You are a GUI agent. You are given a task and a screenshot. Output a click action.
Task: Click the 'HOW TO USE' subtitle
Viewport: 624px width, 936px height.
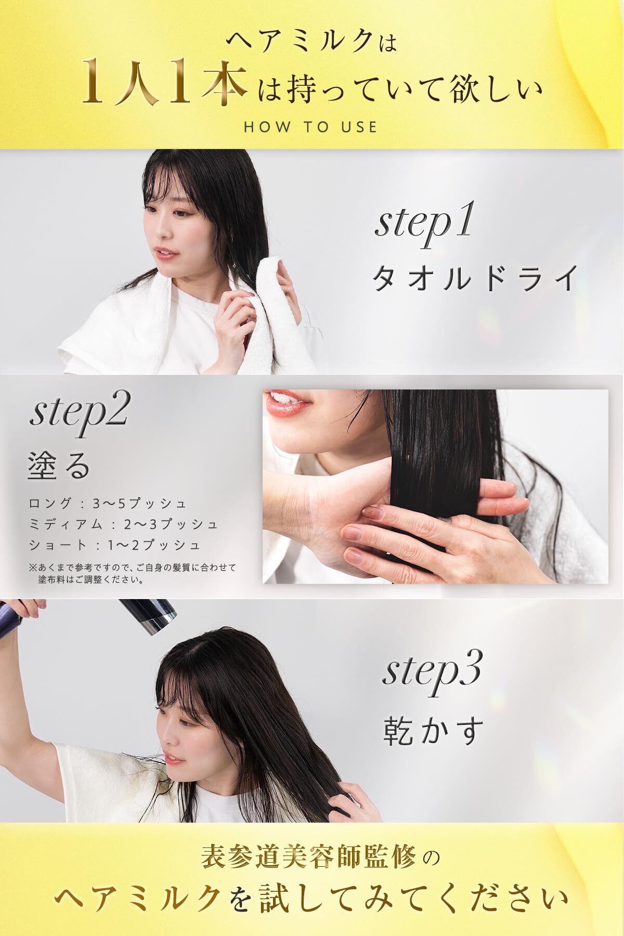click(x=310, y=127)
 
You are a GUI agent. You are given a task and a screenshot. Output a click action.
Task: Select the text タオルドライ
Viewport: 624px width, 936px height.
click(x=474, y=279)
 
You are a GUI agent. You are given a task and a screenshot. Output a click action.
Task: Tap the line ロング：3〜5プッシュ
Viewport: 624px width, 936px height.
click(x=108, y=504)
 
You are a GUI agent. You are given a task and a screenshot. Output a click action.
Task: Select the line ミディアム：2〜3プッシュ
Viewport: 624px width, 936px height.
click(x=124, y=524)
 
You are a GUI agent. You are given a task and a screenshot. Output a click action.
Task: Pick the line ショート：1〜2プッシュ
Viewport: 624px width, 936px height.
click(x=115, y=545)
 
